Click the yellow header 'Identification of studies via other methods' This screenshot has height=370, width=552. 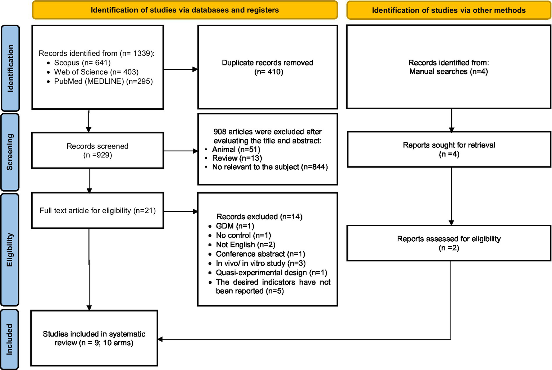pyautogui.click(x=448, y=10)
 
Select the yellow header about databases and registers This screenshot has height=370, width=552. pyautogui.click(x=184, y=10)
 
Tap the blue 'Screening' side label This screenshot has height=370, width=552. pyautogui.click(x=10, y=152)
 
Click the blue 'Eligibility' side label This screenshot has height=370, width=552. pyautogui.click(x=10, y=250)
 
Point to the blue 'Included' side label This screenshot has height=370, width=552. pyautogui.click(x=10, y=339)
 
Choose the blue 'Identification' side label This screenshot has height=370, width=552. pyautogui.click(x=10, y=68)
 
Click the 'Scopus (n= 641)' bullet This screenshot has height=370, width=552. pyautogui.click(x=82, y=63)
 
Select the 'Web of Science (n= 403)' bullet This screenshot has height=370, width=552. pyautogui.click(x=96, y=72)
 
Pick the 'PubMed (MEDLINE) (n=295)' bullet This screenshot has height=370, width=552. pyautogui.click(x=103, y=81)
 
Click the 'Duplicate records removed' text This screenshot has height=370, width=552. pyautogui.click(x=267, y=63)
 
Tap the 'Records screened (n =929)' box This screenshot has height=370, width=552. pyautogui.click(x=97, y=150)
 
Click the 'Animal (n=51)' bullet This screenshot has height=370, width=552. pyautogui.click(x=236, y=149)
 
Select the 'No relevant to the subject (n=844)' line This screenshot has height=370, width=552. pyautogui.click(x=270, y=167)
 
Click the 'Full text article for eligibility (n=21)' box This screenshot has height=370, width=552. pyautogui.click(x=97, y=210)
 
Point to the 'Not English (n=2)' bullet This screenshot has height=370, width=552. pyautogui.click(x=245, y=245)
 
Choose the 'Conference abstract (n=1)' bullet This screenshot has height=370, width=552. pyautogui.click(x=260, y=254)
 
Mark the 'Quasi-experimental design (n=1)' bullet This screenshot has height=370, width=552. pyautogui.click(x=271, y=273)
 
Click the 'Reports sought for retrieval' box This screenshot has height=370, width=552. pyautogui.click(x=449, y=149)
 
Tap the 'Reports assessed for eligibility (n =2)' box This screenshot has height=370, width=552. pyautogui.click(x=449, y=243)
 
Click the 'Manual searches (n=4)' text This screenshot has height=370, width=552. pyautogui.click(x=448, y=72)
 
